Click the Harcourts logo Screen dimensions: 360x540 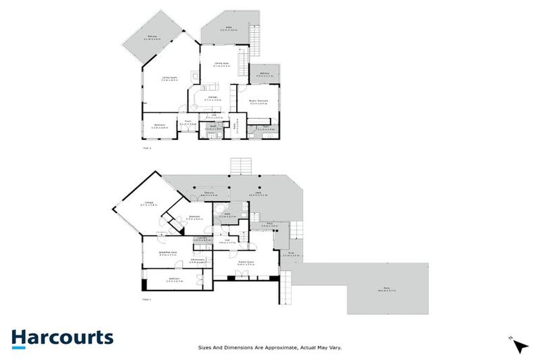click(x=62, y=337)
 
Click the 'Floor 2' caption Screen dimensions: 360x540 click(x=147, y=149)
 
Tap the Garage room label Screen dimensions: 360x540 click(x=149, y=205)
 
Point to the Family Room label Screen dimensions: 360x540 click(x=246, y=263)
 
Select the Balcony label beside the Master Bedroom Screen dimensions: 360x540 click(x=266, y=73)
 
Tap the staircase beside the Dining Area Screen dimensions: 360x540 click(x=244, y=65)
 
